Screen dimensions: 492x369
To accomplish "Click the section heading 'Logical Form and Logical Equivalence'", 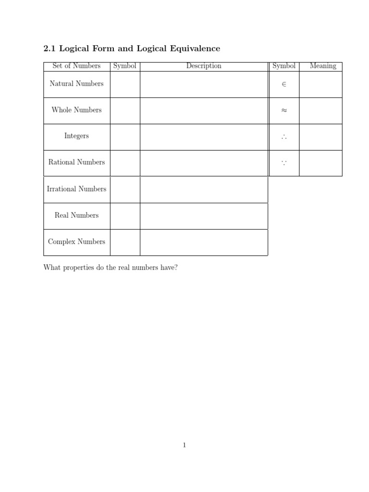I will coord(139,49).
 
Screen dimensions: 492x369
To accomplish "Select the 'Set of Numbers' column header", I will coord(76,66).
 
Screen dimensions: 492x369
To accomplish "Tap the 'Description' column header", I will coord(204,66).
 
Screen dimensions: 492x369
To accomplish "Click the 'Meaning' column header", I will coord(323,66).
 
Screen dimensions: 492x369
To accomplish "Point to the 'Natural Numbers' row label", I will coord(76,84).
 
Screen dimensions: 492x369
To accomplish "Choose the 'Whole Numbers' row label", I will coord(76,110).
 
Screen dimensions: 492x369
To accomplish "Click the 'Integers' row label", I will coord(76,136).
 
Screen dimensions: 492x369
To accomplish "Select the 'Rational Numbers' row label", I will coord(76,162).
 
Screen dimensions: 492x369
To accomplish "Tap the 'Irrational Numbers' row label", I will coord(76,189).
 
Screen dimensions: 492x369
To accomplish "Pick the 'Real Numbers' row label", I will coord(76,215).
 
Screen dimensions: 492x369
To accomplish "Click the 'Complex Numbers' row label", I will coord(76,242).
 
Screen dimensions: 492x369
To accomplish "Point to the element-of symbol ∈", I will coord(283,84).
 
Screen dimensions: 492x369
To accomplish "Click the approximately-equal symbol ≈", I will coord(283,111).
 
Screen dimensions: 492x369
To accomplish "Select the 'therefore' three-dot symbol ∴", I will coord(283,137).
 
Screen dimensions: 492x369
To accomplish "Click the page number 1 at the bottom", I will coord(184,445).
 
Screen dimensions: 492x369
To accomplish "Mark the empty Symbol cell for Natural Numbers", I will coord(125,84).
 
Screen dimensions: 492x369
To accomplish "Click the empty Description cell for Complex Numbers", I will coord(204,242).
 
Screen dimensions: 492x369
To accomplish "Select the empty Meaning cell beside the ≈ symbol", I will coord(320,111).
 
